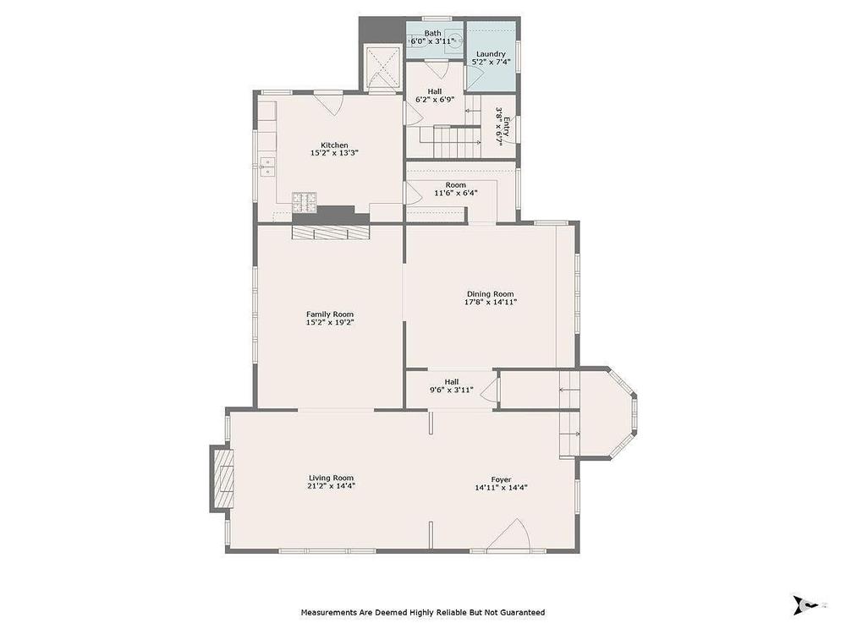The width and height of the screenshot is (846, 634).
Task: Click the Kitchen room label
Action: coord(334,145)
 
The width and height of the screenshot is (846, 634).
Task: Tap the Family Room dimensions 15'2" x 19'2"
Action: coord(330,322)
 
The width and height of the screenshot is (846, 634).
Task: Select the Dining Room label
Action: coord(491,294)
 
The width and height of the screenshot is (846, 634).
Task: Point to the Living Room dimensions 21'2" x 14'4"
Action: coord(331,486)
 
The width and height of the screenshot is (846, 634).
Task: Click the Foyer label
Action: coord(501,480)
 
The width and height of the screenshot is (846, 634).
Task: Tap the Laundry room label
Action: coord(491,54)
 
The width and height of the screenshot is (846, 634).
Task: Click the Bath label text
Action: coord(432,33)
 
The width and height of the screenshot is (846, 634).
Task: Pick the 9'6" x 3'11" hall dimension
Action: coord(452,390)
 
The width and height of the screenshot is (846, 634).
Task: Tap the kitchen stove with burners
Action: coord(305,202)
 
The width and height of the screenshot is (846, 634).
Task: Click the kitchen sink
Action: coord(267,167)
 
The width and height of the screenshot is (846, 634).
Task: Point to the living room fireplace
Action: coord(223,478)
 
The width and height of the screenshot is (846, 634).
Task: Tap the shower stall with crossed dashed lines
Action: coord(383,67)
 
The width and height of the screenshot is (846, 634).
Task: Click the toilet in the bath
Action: coord(453,41)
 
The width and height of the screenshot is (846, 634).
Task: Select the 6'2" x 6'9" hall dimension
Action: coord(434,99)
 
